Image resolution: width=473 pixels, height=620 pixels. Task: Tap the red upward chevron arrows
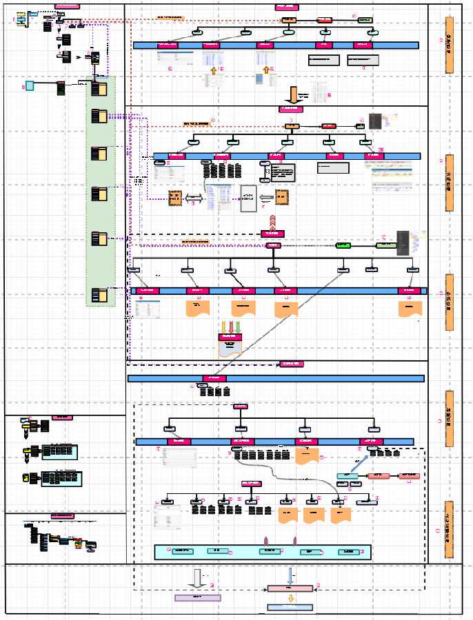(273, 222)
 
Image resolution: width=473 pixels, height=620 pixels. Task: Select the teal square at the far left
(29, 86)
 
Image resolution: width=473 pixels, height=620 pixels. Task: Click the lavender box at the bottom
(198, 598)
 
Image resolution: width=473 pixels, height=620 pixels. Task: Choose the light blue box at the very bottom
(290, 608)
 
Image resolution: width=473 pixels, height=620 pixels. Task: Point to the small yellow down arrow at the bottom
(290, 598)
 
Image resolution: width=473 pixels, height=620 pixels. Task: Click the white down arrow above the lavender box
(198, 578)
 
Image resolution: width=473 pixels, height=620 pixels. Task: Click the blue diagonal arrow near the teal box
(359, 464)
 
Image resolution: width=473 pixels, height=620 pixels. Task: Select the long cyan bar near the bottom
(263, 552)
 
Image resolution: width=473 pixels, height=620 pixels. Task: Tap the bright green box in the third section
(343, 245)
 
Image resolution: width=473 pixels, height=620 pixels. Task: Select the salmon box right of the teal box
(379, 475)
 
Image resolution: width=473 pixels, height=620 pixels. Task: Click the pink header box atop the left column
(67, 6)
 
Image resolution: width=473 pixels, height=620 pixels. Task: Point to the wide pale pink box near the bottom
(290, 588)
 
